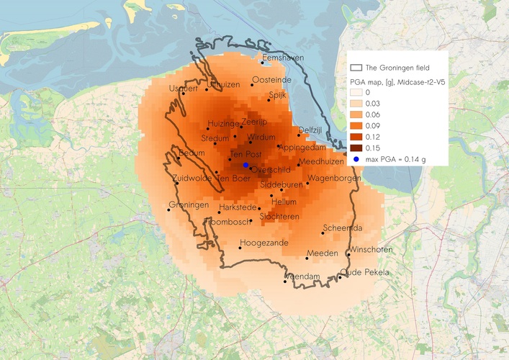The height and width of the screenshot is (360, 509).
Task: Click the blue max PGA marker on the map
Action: click(x=246, y=166)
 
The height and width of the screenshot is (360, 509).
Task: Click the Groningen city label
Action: click(x=189, y=205)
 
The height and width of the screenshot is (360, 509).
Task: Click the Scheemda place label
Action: click(x=343, y=228)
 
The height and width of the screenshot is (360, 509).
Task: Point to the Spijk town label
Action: click(x=278, y=94)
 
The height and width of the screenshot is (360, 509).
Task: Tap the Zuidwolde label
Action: click(x=192, y=177)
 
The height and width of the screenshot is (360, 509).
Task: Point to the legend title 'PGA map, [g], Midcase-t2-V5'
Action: click(x=397, y=82)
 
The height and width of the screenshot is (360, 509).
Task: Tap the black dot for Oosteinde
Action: click(x=252, y=84)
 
